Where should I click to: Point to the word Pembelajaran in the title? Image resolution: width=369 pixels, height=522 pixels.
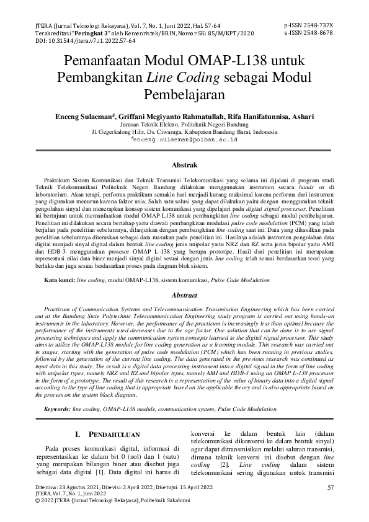(x=184, y=95)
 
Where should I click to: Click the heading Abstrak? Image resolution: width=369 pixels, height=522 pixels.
(x=184, y=165)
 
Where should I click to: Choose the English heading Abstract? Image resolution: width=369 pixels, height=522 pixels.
(x=184, y=296)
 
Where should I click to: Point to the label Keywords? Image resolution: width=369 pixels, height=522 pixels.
(x=57, y=410)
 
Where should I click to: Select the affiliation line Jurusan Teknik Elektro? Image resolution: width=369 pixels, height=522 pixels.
(x=184, y=124)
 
